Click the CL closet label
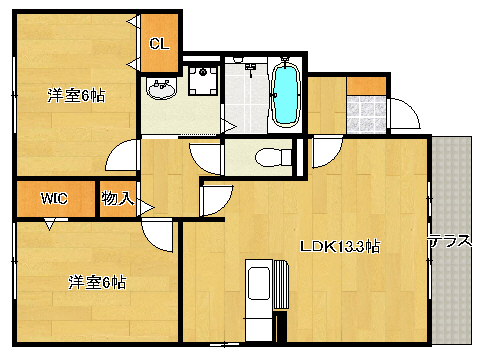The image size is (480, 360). (x=159, y=44)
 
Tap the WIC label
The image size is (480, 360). (x=54, y=198)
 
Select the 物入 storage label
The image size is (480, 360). (x=118, y=198)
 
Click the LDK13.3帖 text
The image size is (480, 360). (x=340, y=246)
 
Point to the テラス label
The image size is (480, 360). (x=450, y=241)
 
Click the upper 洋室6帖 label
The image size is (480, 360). (x=76, y=96)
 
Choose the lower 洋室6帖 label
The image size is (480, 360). (x=97, y=282)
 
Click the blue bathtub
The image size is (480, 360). (x=286, y=94)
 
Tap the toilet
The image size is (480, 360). (x=273, y=157)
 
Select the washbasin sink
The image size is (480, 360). (x=162, y=89)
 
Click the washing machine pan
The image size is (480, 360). (x=203, y=80)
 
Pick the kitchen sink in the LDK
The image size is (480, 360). (x=259, y=283)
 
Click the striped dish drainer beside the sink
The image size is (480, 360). (x=281, y=284)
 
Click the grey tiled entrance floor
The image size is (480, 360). (x=366, y=114)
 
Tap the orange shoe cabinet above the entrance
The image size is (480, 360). (x=366, y=86)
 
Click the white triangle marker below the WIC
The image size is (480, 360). (x=50, y=224)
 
